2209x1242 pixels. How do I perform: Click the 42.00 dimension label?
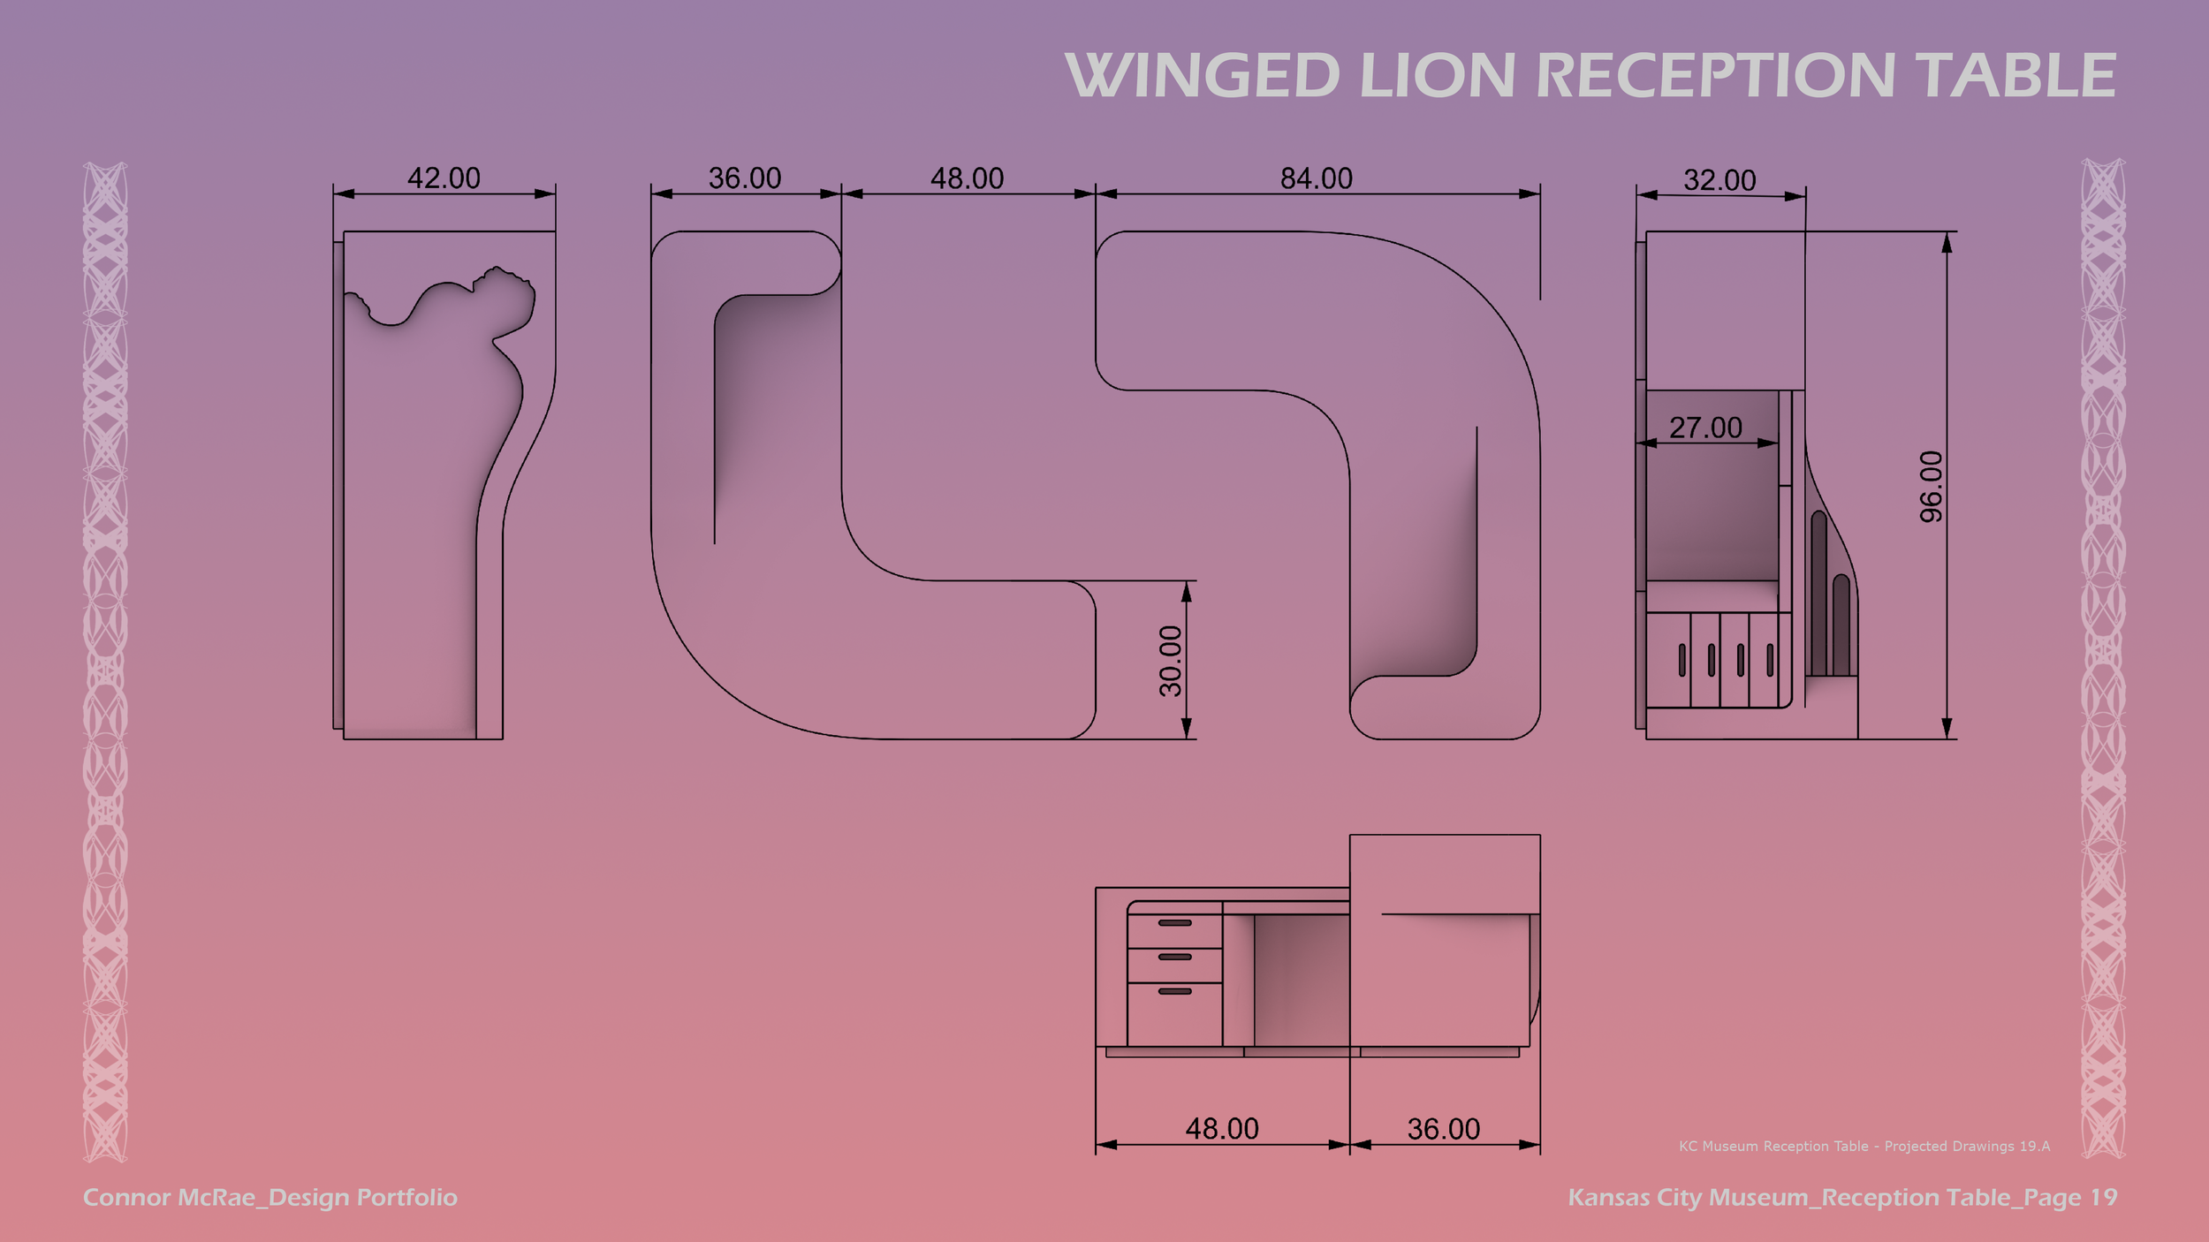(x=444, y=178)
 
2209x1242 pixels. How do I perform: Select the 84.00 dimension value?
(x=1316, y=179)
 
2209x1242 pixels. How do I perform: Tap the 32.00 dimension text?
(x=1719, y=181)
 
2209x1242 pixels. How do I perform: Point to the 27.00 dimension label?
(x=1705, y=428)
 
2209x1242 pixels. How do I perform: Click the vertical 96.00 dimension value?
(x=1932, y=486)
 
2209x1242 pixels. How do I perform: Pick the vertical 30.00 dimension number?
(x=1170, y=661)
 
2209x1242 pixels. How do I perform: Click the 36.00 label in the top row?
(x=745, y=179)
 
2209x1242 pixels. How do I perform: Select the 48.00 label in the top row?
(x=967, y=179)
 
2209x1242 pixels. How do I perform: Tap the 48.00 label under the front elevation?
(x=1221, y=1129)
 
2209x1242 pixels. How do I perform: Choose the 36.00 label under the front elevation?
(x=1443, y=1129)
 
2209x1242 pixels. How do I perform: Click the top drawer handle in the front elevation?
(x=1174, y=923)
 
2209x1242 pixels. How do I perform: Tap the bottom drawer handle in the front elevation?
(x=1174, y=991)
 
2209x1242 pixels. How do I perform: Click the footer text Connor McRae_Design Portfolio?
(x=270, y=1198)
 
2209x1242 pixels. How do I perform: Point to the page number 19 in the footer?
(x=2103, y=1198)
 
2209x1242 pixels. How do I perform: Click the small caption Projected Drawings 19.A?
(x=1967, y=1147)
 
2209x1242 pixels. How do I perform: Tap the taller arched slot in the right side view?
(x=1818, y=592)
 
